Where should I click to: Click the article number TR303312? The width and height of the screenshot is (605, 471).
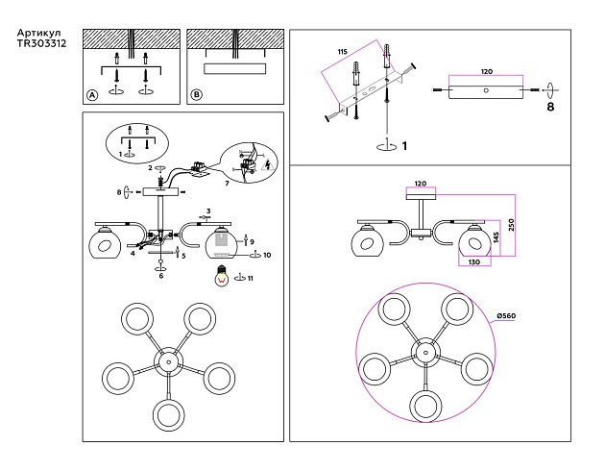(x=41, y=44)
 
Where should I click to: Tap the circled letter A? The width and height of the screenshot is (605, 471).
(x=92, y=95)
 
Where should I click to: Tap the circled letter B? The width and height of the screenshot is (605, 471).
(x=197, y=95)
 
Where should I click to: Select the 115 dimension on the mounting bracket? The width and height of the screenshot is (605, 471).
(x=342, y=50)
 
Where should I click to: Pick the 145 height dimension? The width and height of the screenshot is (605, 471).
(x=496, y=235)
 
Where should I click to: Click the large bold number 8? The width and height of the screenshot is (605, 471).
(x=550, y=109)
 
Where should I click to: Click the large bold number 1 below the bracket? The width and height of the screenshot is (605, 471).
(x=405, y=146)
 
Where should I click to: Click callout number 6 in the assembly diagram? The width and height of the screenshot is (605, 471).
(x=160, y=276)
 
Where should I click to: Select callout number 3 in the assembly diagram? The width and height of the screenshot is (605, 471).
(x=207, y=210)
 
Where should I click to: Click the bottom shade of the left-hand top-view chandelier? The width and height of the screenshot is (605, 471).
(x=169, y=413)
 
